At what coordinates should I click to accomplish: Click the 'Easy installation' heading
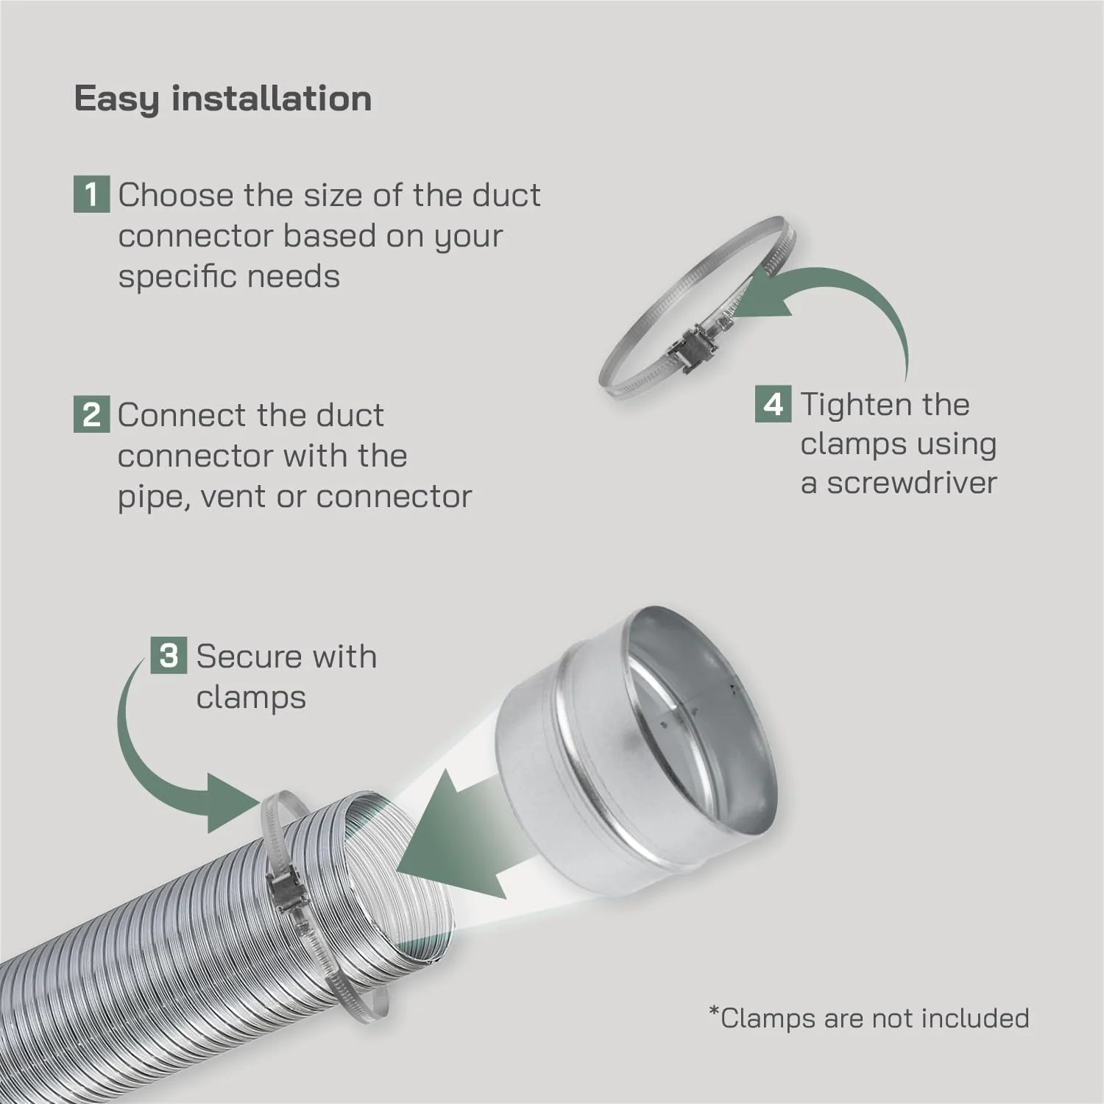click(223, 99)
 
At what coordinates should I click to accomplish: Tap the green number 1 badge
click(91, 194)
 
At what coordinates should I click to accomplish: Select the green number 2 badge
click(91, 414)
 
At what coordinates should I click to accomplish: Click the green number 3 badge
click(169, 655)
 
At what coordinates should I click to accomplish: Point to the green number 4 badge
click(774, 404)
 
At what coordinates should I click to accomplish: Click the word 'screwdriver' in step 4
click(912, 484)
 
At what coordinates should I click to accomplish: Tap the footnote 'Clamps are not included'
click(868, 1018)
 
